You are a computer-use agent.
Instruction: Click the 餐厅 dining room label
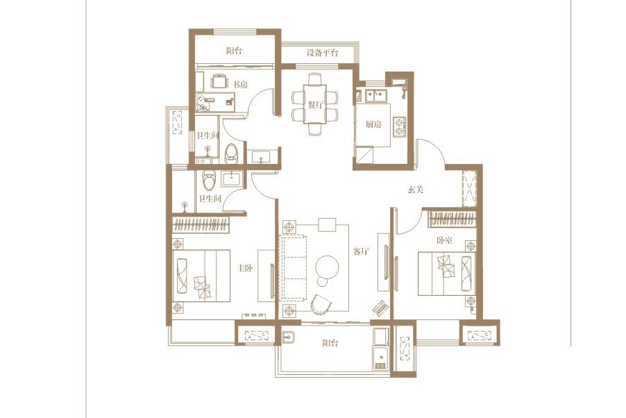tap(315, 105)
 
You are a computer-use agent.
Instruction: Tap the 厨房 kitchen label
tap(373, 124)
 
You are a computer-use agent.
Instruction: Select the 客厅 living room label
tap(361, 251)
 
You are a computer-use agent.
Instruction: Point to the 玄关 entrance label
tap(415, 190)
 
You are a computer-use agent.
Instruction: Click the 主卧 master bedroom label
tap(245, 268)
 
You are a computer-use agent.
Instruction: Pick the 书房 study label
tap(240, 84)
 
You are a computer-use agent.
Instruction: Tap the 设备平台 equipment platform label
tap(322, 53)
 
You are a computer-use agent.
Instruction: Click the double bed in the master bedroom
tap(201, 276)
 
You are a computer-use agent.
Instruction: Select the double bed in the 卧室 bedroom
tap(447, 274)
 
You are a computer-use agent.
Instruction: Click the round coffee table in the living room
tap(327, 266)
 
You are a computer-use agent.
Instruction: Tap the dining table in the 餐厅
tap(315, 104)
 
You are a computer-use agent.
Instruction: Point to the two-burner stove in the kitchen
tap(399, 126)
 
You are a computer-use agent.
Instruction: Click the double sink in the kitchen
tap(376, 96)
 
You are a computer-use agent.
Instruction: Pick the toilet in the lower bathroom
tap(208, 180)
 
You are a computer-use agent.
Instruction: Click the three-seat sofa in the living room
tap(294, 268)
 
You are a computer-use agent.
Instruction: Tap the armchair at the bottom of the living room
tap(321, 305)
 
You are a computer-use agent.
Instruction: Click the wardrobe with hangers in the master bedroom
tap(201, 225)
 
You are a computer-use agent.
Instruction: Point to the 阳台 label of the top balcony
tap(235, 51)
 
